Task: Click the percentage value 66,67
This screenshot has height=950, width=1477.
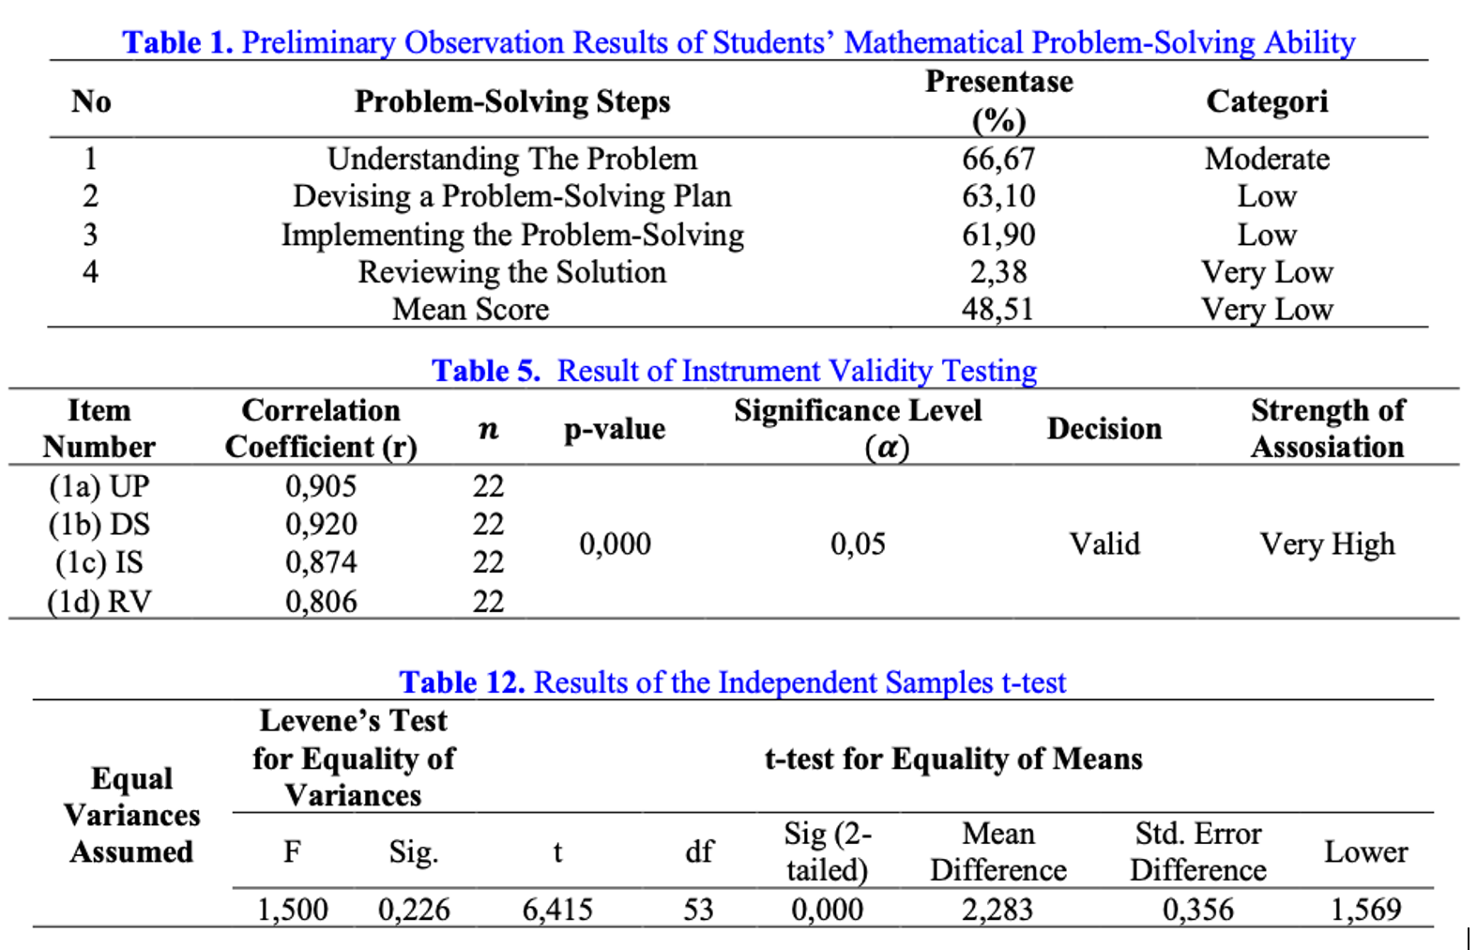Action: tap(998, 159)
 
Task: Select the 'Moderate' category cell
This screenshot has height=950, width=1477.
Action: tap(1267, 159)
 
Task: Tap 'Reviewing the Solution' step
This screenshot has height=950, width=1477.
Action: tap(511, 272)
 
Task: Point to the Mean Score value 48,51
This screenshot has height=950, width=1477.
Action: tap(997, 310)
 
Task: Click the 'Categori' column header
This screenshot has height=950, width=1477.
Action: tap(1267, 101)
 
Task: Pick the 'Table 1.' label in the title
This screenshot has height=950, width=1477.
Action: tap(177, 42)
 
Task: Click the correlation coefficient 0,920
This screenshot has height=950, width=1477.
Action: tap(321, 524)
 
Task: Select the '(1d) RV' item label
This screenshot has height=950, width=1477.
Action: tap(99, 601)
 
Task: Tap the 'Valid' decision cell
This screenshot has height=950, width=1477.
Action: tap(1104, 544)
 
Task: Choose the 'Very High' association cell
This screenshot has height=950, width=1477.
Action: tap(1327, 544)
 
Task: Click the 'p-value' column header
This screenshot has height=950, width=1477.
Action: tap(615, 429)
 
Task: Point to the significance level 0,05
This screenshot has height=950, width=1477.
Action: tap(858, 544)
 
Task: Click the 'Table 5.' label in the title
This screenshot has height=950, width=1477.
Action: tap(486, 371)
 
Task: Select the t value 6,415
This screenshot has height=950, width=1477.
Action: tap(557, 909)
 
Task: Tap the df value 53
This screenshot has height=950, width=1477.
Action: tap(698, 909)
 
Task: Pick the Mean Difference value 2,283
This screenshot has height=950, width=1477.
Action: tap(997, 909)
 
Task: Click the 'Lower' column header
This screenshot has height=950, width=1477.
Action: tap(1365, 851)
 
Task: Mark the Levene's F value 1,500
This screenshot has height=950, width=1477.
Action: tap(293, 909)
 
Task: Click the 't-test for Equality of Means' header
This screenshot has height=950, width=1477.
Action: tap(953, 758)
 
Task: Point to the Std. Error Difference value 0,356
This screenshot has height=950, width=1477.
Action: tap(1197, 909)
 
